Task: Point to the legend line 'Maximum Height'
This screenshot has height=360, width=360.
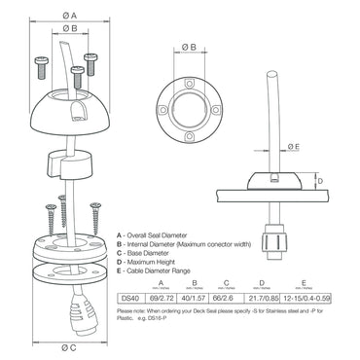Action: tap(157, 262)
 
